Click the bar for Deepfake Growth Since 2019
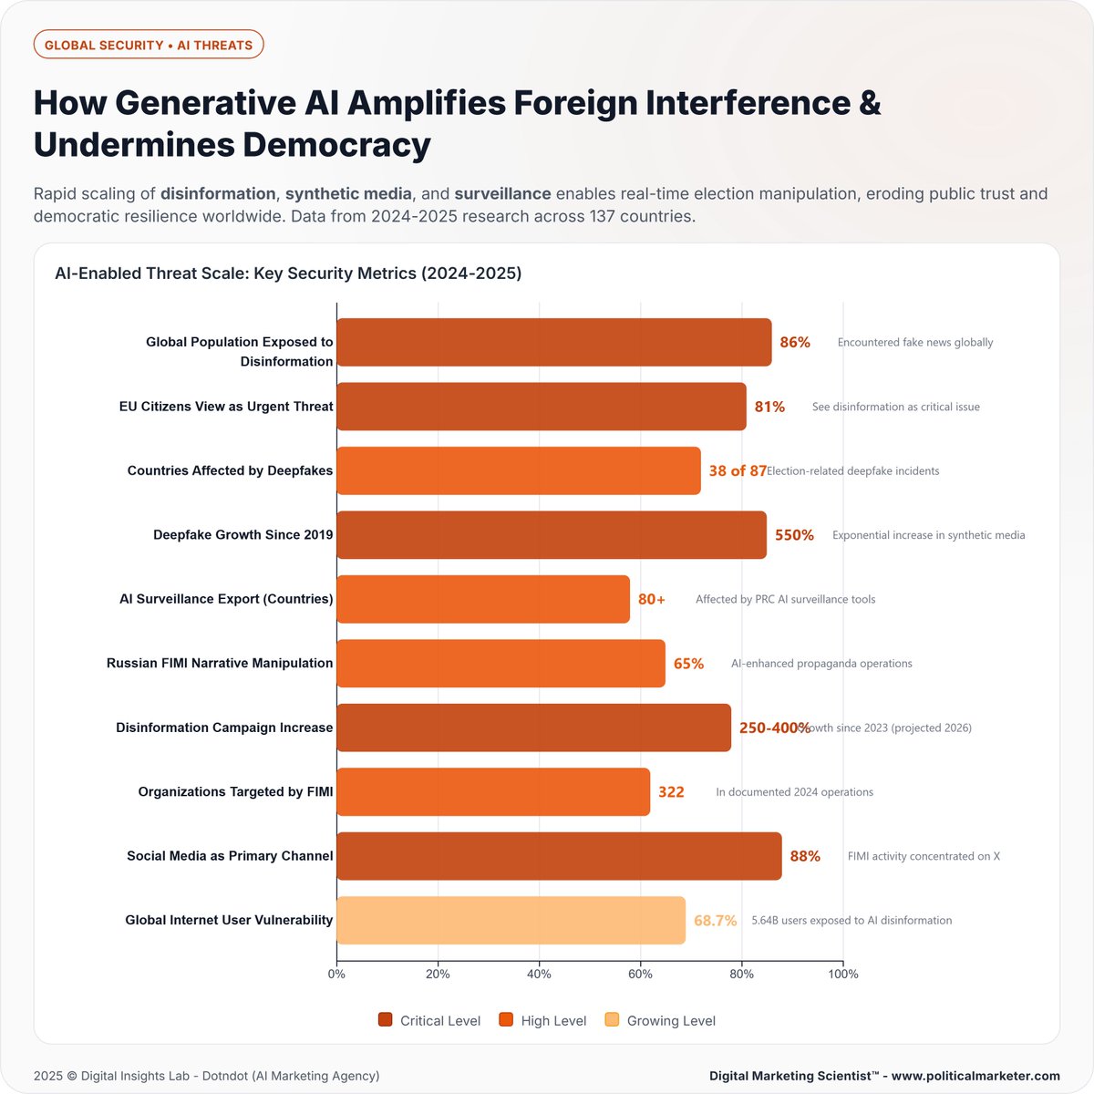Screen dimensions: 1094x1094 [552, 535]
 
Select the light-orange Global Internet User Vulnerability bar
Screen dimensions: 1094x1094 [511, 920]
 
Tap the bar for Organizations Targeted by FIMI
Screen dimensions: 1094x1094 [493, 791]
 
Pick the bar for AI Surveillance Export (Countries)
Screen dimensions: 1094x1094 [483, 599]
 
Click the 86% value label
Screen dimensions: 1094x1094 [795, 343]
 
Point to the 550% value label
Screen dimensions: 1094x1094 [794, 535]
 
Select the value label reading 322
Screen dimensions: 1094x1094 [671, 791]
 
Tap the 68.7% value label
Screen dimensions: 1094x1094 [715, 921]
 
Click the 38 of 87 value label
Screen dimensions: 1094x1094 [737, 471]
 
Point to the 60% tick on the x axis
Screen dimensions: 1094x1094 [640, 974]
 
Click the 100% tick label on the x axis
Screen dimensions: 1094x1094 [842, 974]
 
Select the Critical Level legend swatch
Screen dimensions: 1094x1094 [386, 1020]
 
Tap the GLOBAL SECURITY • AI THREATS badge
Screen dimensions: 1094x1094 [149, 45]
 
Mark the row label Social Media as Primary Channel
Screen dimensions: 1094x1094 [230, 856]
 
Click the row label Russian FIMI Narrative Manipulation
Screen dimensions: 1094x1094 [220, 663]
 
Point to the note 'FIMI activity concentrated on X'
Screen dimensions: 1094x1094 [924, 856]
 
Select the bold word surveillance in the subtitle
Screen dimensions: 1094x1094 [502, 193]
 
